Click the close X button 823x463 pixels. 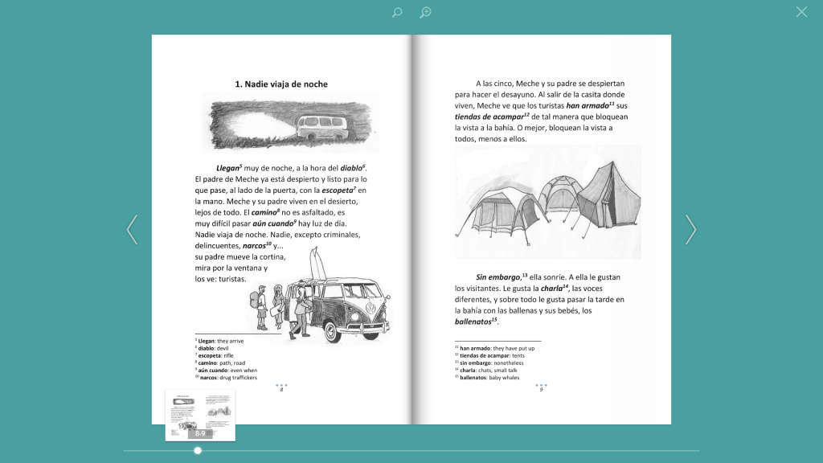(x=801, y=12)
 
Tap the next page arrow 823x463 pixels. (x=690, y=230)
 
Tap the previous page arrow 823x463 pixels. (x=133, y=230)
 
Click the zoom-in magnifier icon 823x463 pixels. (x=425, y=12)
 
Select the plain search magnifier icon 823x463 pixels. (x=397, y=12)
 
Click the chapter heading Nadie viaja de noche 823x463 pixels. (x=280, y=84)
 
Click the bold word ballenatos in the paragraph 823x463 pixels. (x=475, y=322)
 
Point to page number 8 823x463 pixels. (x=281, y=390)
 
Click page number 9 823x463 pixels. (x=541, y=390)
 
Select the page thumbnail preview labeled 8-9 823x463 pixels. (x=200, y=414)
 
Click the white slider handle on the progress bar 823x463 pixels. (x=198, y=450)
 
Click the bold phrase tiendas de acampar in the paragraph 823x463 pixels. (x=489, y=117)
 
